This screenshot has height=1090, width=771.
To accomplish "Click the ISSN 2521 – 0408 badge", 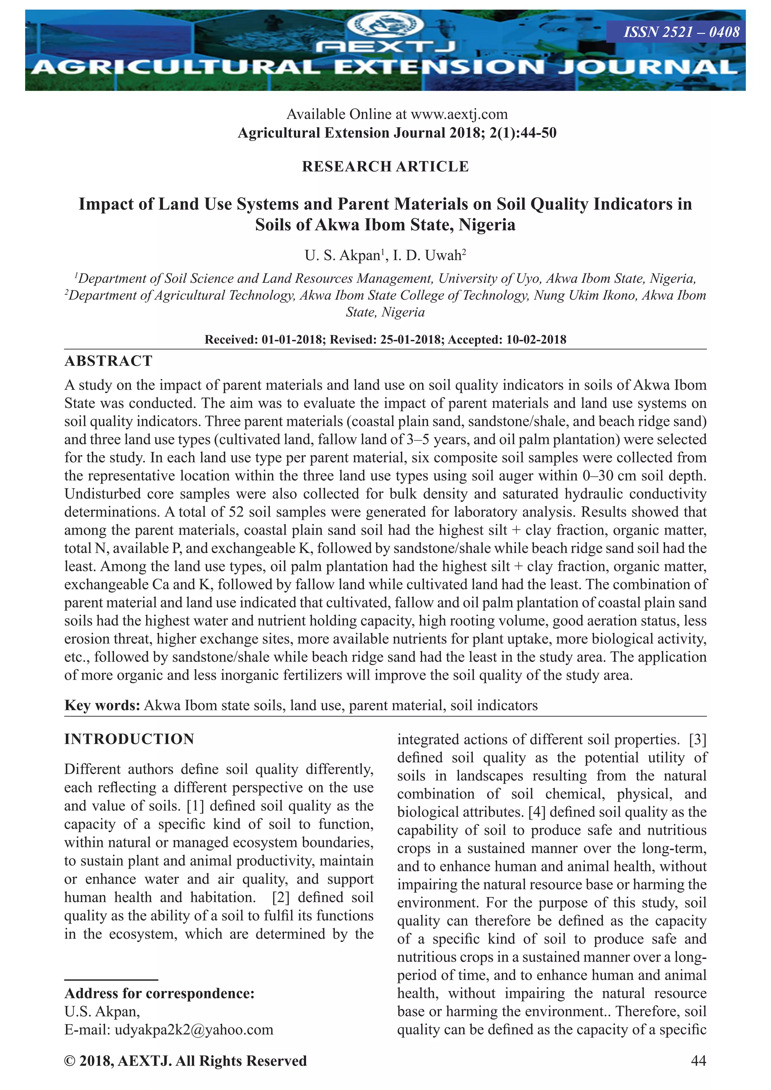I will [681, 32].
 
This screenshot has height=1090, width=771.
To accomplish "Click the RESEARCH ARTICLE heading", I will [385, 167].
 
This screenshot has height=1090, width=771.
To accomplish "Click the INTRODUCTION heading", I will [129, 739].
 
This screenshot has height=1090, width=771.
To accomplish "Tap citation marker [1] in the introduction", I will [196, 806].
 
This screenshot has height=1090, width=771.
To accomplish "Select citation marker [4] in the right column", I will [537, 812].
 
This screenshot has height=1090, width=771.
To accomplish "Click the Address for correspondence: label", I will [160, 993].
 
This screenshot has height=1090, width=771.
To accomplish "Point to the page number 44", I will [698, 1061].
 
